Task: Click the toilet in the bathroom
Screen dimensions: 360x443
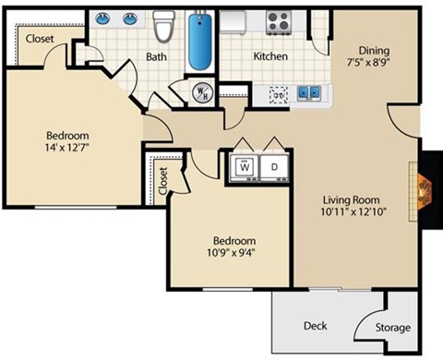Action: (x=164, y=28)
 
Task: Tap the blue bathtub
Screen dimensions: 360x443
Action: (x=201, y=41)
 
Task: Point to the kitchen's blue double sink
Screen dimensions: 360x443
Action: (x=307, y=92)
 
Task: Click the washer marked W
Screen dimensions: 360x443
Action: (x=245, y=166)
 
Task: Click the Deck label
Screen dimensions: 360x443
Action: (x=315, y=326)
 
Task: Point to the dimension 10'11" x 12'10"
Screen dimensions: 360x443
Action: (x=353, y=214)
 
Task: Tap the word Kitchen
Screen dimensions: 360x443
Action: (x=271, y=56)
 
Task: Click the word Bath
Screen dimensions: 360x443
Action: (x=156, y=56)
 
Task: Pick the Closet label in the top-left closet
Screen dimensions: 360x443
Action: (x=39, y=39)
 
